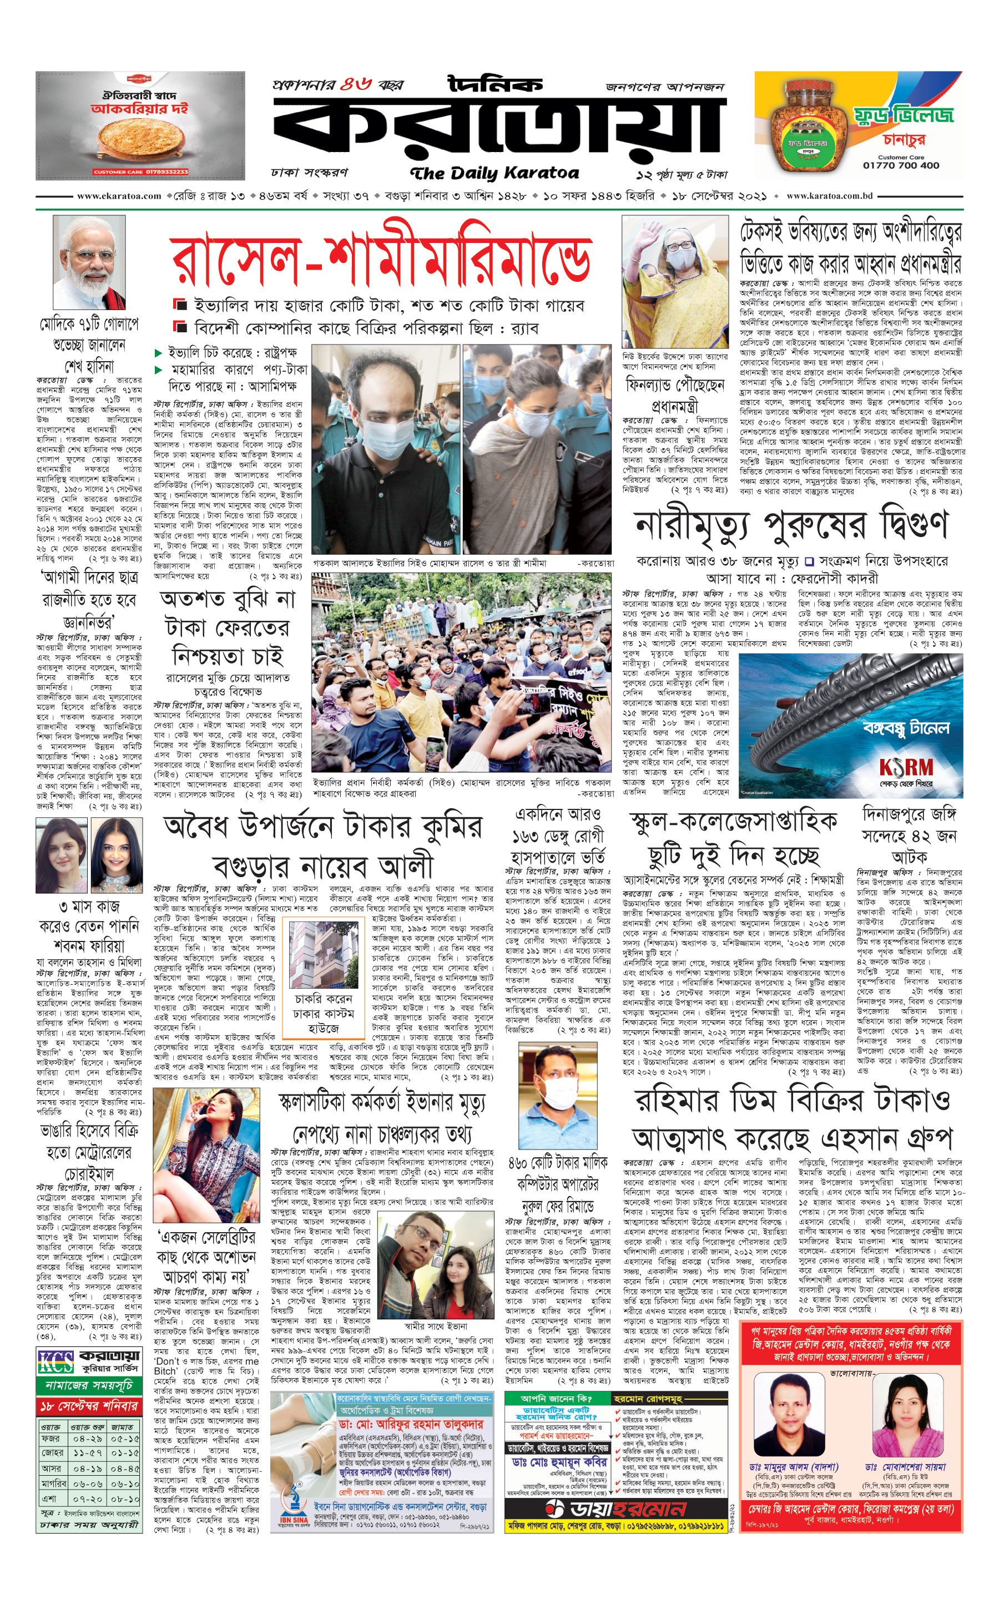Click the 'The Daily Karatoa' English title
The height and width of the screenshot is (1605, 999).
[x=494, y=174]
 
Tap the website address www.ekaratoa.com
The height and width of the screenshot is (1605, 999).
[x=119, y=196]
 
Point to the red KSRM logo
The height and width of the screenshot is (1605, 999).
[x=905, y=767]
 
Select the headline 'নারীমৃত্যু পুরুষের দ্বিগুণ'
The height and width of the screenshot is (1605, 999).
[x=791, y=525]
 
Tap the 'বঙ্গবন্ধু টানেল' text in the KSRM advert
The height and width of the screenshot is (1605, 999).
[x=906, y=728]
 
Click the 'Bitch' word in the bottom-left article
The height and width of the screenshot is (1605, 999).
[x=166, y=1353]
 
